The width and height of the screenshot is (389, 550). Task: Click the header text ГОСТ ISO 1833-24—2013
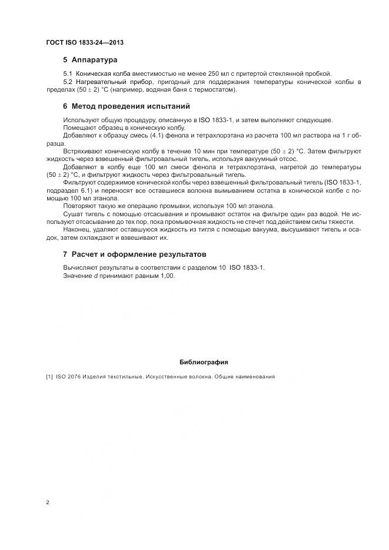pyautogui.click(x=84, y=43)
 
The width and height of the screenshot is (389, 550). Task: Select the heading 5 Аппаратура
pyautogui.click(x=90, y=60)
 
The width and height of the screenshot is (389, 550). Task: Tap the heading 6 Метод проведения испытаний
pyautogui.click(x=126, y=107)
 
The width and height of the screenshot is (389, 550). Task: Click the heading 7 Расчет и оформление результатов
pyautogui.click(x=135, y=254)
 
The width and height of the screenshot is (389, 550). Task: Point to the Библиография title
pyautogui.click(x=204, y=362)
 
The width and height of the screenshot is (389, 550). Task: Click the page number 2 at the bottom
pyautogui.click(x=48, y=502)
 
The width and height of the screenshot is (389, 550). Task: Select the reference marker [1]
pyautogui.click(x=49, y=377)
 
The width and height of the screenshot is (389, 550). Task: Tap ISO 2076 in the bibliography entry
pyautogui.click(x=68, y=377)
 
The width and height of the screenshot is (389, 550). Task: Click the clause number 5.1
pyautogui.click(x=67, y=73)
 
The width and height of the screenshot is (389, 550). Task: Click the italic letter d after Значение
pyautogui.click(x=96, y=276)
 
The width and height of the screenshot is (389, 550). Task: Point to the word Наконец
pyautogui.click(x=77, y=230)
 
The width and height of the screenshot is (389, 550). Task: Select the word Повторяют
pyautogui.click(x=81, y=206)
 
